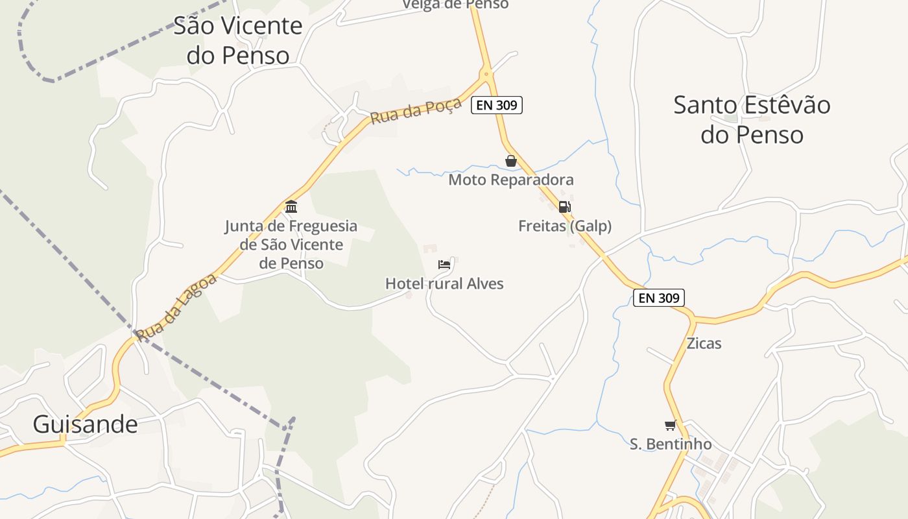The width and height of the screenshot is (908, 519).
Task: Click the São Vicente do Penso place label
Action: [x=237, y=40]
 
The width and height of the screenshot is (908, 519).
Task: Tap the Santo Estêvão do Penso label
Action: [x=752, y=119]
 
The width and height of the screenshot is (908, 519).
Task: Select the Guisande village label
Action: [x=85, y=424]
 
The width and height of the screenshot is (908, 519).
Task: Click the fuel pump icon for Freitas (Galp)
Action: [x=565, y=207]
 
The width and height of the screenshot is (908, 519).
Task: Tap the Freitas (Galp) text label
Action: [x=565, y=226]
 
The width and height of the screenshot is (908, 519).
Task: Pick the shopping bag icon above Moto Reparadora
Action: [x=511, y=161]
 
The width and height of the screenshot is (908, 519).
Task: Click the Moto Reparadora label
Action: [x=511, y=179]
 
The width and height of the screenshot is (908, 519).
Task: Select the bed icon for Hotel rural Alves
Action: [x=444, y=265]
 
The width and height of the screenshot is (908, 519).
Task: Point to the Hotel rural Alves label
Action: [x=444, y=284]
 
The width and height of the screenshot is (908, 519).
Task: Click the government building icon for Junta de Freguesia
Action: [x=291, y=207]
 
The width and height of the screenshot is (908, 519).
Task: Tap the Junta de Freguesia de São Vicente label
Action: [x=291, y=245]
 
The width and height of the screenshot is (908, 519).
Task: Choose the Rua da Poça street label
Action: [x=416, y=110]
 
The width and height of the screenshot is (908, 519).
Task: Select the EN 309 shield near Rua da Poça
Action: [x=497, y=104]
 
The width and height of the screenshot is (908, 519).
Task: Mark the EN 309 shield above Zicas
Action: [x=658, y=298]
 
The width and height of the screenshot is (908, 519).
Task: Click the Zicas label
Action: [x=704, y=343]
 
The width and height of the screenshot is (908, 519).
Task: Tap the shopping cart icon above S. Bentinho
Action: [x=670, y=426]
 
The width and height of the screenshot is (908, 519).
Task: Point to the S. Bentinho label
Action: [x=671, y=444]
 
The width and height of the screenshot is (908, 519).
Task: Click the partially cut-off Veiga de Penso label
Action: [x=455, y=5]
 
